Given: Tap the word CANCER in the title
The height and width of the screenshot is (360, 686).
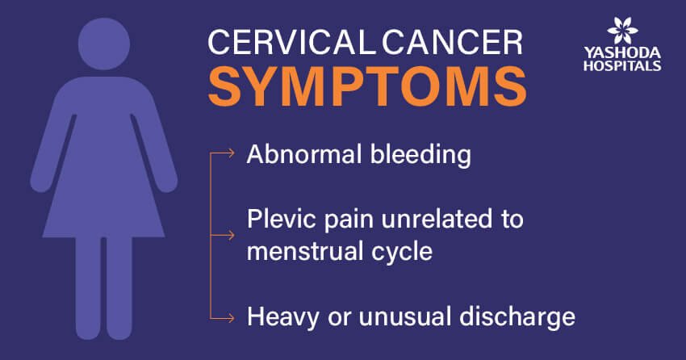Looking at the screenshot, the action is tap(453, 42).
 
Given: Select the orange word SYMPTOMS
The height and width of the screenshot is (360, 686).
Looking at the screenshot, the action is tap(366, 86).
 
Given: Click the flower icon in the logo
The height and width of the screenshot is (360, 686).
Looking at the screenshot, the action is tap(622, 31).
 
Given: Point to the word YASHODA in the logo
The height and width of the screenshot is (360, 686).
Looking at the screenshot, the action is tap(622, 53).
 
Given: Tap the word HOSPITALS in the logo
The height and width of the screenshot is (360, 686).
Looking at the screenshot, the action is tap(622, 65).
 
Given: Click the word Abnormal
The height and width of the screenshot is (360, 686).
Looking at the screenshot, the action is tap(304, 154).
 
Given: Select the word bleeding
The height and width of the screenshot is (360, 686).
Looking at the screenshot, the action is tap(420, 157).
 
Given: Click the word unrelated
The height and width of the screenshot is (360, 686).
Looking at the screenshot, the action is tap(438, 218).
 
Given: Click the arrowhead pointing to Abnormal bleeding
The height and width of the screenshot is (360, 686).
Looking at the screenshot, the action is tap(231, 153).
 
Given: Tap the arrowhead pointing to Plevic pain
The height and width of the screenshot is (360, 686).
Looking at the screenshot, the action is tap(231, 236).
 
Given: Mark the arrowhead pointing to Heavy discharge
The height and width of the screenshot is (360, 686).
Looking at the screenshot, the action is tap(231, 318).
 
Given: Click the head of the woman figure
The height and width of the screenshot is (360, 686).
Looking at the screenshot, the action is tap(104, 44).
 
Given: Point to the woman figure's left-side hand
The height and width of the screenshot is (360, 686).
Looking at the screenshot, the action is tap(40, 182).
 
